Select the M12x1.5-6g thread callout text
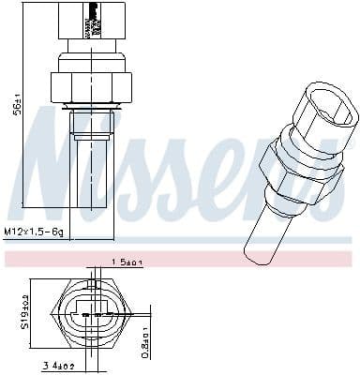click(33, 231)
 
